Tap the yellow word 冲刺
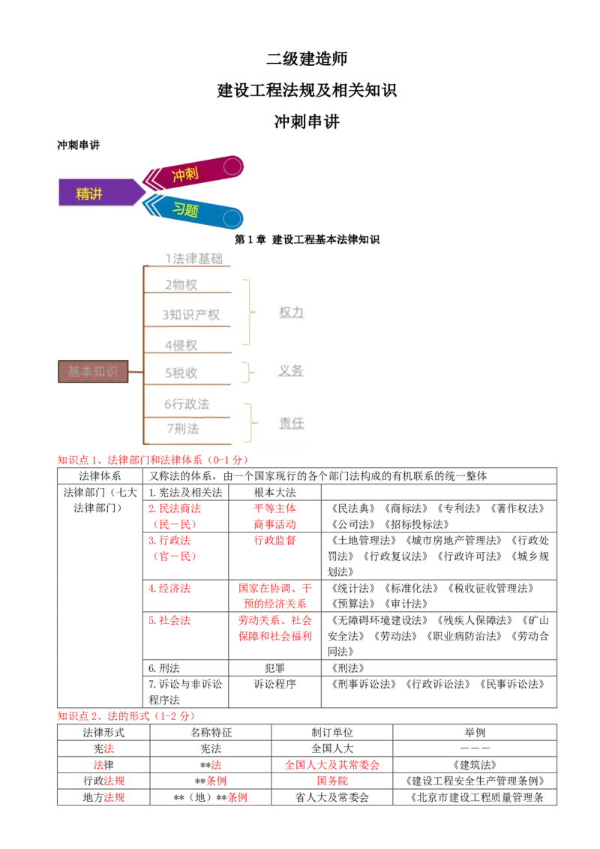coord(186,175)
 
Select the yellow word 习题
coord(185,210)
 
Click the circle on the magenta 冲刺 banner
coord(232,166)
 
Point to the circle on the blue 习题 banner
coord(232,218)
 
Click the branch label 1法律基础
coord(194,259)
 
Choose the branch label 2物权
coord(181,285)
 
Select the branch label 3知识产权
coord(191,315)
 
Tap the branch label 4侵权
coord(181,345)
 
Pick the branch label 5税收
coord(181,373)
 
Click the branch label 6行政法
coord(187,404)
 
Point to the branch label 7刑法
coord(183,429)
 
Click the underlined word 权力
coord(292,312)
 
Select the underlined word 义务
coord(292,370)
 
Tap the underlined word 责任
coord(292,423)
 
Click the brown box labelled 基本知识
coord(93,371)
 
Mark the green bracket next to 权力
coord(247,312)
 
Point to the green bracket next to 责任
coord(248,423)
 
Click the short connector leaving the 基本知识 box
coord(136,371)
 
